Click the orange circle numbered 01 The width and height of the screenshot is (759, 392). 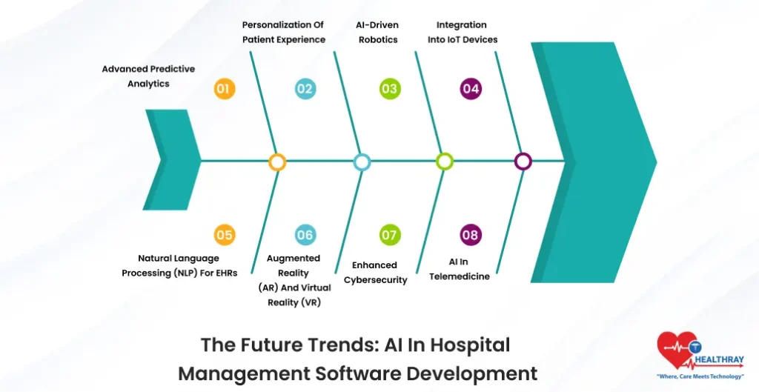[224, 90]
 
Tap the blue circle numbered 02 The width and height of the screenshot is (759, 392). [305, 90]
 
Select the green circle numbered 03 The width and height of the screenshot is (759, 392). [389, 90]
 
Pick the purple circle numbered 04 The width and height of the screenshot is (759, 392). [471, 90]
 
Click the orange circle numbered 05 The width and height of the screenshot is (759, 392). [224, 236]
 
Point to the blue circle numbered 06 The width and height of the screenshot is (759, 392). [305, 236]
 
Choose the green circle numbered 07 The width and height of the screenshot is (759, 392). [389, 236]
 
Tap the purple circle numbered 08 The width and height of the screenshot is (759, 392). [471, 236]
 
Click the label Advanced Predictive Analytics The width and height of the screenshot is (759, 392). [148, 76]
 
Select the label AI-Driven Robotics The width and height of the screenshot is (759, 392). [377, 33]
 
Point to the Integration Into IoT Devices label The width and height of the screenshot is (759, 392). [462, 33]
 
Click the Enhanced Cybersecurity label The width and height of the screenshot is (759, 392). [375, 273]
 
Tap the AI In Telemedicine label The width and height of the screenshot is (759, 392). [459, 269]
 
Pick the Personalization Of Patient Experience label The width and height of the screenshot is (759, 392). [284, 33]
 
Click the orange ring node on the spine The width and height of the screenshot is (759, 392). [277, 162]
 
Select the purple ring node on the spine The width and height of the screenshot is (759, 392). [523, 162]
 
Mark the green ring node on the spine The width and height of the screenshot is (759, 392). [444, 162]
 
